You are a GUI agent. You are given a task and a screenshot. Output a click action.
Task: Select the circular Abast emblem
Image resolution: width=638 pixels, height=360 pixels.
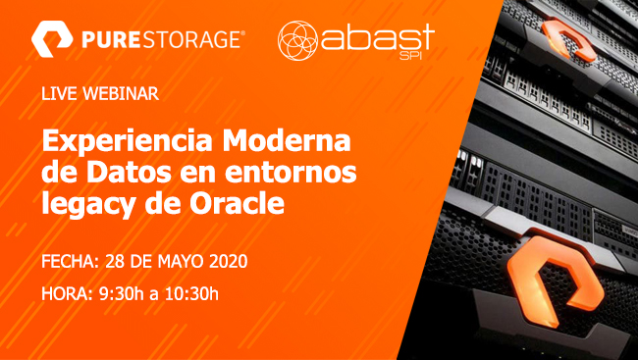(298, 38)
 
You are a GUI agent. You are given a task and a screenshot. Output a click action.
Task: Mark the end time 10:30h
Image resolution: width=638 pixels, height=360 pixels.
(196, 292)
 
